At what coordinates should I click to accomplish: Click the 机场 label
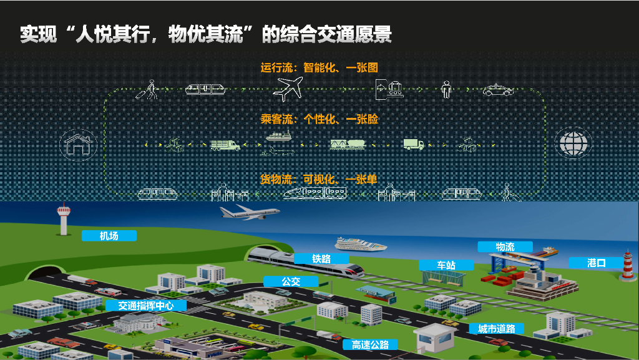(x=109, y=236)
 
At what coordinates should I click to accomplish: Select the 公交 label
(x=291, y=281)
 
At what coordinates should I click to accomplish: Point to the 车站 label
(x=446, y=265)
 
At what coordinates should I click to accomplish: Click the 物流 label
(x=505, y=247)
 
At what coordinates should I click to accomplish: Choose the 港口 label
(x=597, y=263)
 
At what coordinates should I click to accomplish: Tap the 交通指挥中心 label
(x=145, y=306)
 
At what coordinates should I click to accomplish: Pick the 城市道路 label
(x=497, y=329)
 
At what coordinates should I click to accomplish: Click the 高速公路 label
(x=370, y=344)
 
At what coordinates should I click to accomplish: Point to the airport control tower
(x=63, y=220)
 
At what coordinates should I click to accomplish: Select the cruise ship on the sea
(x=361, y=243)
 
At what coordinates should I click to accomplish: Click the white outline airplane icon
(x=288, y=89)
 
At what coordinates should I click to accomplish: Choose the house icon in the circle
(x=77, y=144)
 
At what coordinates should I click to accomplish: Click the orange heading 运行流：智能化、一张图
(x=319, y=67)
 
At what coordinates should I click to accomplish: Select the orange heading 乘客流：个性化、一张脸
(x=319, y=119)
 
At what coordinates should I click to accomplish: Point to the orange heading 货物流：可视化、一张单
(x=319, y=179)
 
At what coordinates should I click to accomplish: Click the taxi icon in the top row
(x=498, y=90)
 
